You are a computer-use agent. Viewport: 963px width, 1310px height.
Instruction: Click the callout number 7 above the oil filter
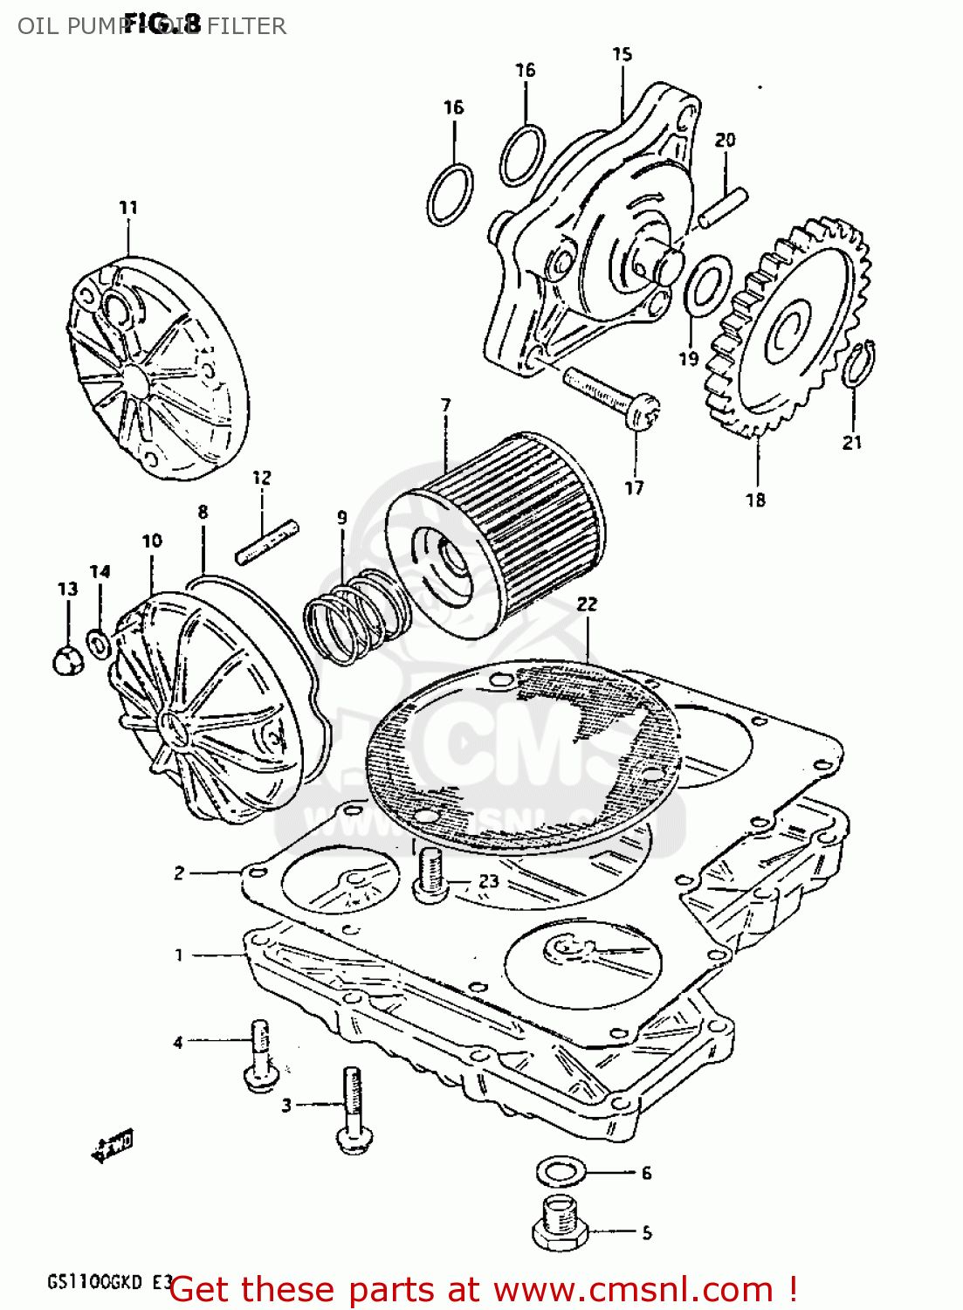(x=446, y=405)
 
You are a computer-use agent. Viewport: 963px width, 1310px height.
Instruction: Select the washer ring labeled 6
(x=560, y=1171)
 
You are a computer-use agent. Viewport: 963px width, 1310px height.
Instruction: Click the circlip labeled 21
(x=861, y=362)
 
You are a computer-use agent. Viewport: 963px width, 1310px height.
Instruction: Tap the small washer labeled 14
(x=99, y=645)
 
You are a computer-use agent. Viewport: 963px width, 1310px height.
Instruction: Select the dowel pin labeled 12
(x=267, y=541)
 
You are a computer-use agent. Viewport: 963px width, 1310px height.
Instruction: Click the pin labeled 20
(x=722, y=208)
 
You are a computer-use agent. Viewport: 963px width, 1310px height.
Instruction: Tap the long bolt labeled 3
(x=353, y=1109)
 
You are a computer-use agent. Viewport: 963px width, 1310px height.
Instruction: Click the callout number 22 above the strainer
(x=587, y=603)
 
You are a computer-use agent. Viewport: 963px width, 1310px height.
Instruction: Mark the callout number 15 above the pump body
(x=622, y=54)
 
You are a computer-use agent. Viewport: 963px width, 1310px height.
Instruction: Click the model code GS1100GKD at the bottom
(x=96, y=1283)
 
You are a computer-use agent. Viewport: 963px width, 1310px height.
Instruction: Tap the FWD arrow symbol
(x=113, y=1146)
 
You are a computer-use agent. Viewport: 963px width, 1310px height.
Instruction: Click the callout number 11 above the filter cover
(x=128, y=208)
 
